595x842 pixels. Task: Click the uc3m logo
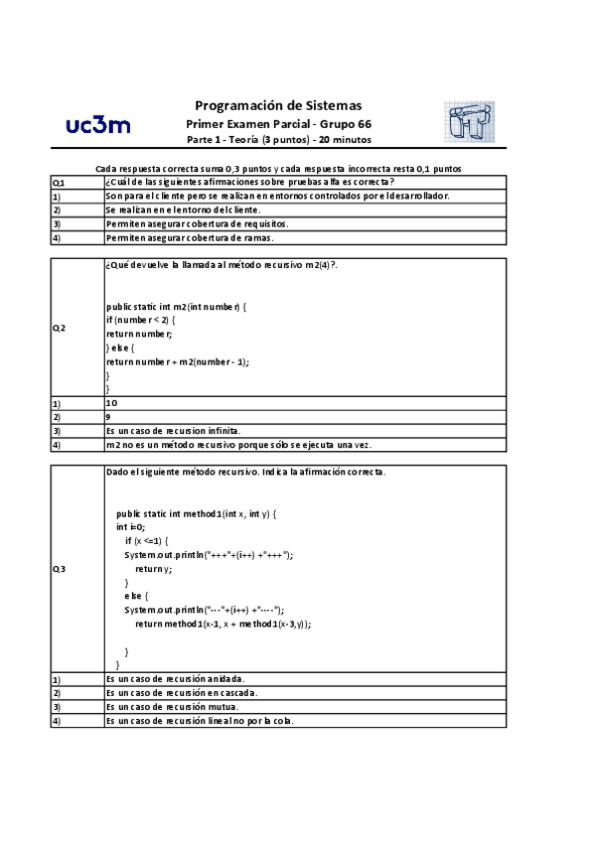96,125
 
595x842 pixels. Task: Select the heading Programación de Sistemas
278,105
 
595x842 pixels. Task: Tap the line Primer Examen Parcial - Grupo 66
279,123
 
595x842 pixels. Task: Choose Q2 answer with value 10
111,404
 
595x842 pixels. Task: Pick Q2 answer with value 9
108,417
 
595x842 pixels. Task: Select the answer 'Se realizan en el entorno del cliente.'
183,210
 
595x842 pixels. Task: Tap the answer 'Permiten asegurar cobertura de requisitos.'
197,224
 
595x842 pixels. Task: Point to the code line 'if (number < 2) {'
142,321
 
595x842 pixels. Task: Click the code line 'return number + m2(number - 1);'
178,362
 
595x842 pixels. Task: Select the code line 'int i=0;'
131,527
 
